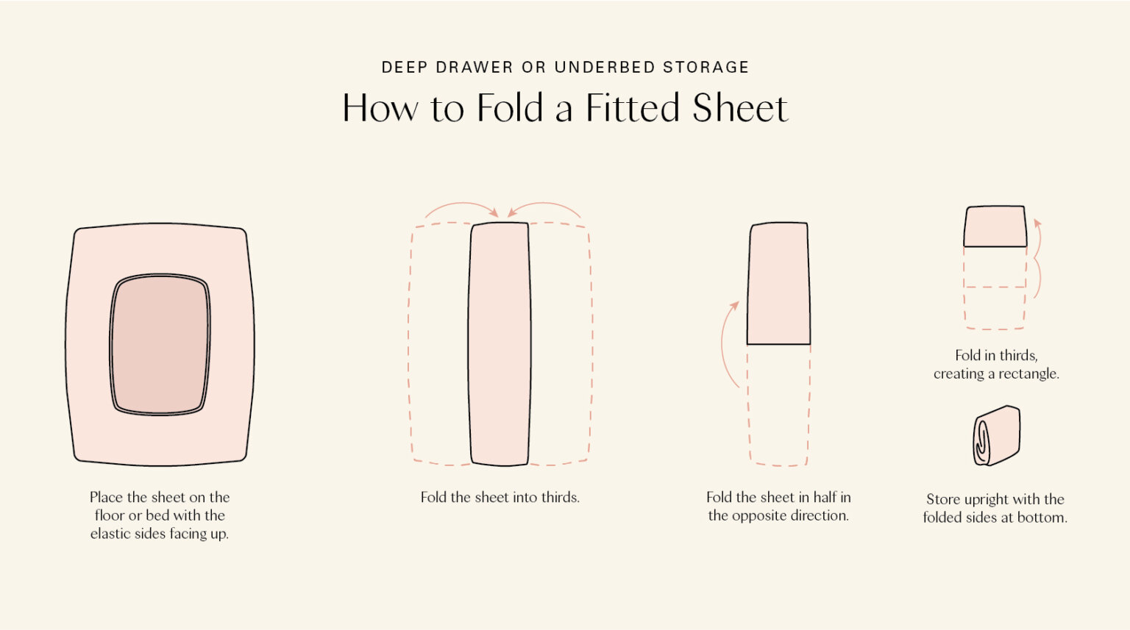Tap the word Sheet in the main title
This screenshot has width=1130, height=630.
click(739, 108)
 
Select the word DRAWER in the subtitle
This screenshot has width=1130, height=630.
click(475, 68)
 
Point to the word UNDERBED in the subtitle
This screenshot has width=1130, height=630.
click(605, 68)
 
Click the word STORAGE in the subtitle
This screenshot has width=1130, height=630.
click(706, 68)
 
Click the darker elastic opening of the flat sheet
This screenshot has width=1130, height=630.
click(160, 344)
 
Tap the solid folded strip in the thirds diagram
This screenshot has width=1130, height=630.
click(500, 344)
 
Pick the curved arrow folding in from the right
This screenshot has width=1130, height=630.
click(544, 208)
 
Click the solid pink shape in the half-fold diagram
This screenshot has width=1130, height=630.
click(778, 283)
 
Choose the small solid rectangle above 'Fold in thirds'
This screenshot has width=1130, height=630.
click(995, 226)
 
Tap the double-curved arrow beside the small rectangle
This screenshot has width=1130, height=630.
click(1037, 257)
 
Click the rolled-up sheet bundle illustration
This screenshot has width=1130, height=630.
click(997, 435)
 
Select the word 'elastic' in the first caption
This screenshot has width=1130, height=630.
click(112, 534)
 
